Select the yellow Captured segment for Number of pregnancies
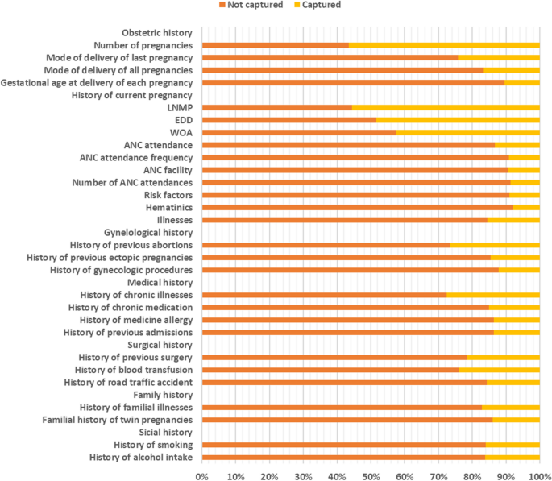tap(444, 45)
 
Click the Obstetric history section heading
tap(156, 33)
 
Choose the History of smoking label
tap(152, 445)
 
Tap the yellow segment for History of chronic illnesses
tap(492, 295)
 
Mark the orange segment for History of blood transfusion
tap(330, 370)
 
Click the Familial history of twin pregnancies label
tap(117, 420)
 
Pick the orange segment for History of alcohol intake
tap(342, 458)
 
